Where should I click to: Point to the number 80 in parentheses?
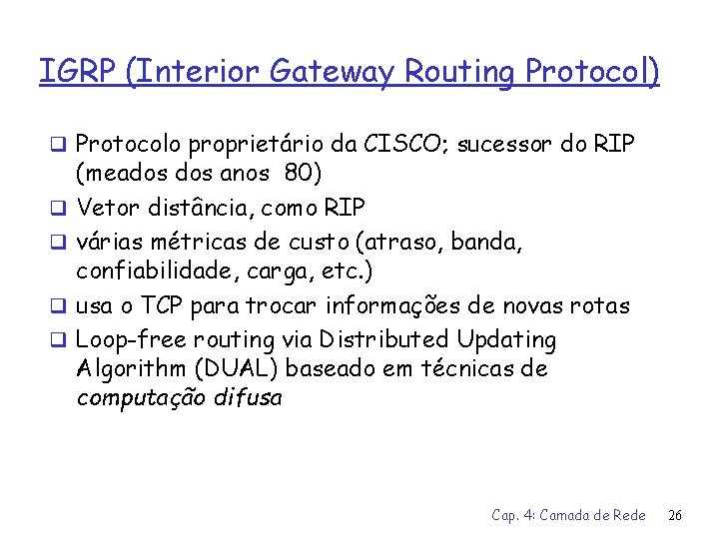(x=297, y=176)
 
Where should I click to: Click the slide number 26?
(x=674, y=515)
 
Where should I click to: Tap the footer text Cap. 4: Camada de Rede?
(x=568, y=515)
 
